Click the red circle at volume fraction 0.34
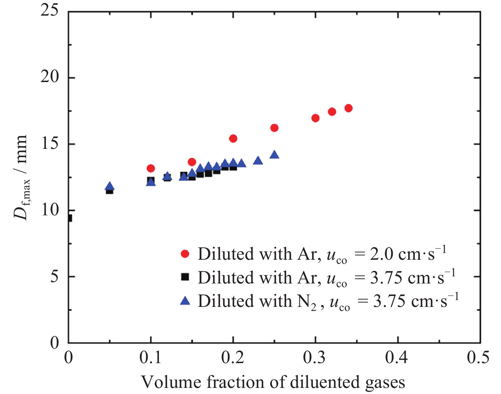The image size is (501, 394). [x=348, y=108]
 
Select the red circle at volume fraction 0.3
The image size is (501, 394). [x=315, y=118]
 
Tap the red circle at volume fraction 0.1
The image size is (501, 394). [x=151, y=168]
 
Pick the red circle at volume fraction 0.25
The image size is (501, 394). [x=274, y=128]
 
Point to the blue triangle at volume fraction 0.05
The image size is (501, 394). [x=110, y=186]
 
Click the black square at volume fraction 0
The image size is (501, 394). [x=69, y=218]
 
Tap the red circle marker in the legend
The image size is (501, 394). [x=185, y=254]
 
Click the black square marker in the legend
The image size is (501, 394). [x=185, y=277]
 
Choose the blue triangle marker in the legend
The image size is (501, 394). [x=185, y=300]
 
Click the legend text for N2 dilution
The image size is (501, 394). [x=328, y=301]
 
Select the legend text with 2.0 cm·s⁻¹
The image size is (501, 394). [x=322, y=254]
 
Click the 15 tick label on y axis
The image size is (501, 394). [x=50, y=144]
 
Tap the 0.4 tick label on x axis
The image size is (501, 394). [x=397, y=358]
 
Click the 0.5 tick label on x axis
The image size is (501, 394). [x=479, y=358]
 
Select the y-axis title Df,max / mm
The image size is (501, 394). [x=21, y=177]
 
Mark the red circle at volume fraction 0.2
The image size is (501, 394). [x=233, y=138]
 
